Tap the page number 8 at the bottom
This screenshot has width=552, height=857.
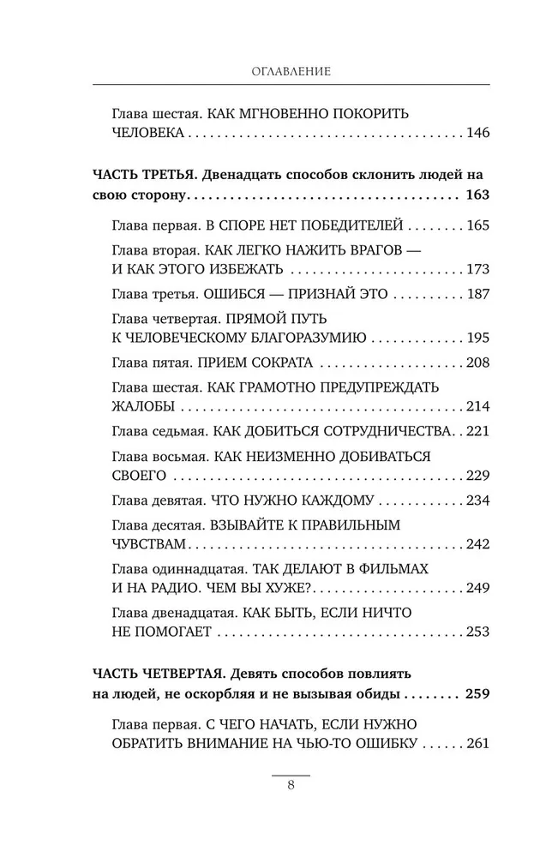(291, 788)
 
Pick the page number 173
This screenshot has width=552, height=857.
(475, 270)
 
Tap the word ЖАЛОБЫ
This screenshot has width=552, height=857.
(141, 405)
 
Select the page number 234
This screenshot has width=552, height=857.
(475, 499)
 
